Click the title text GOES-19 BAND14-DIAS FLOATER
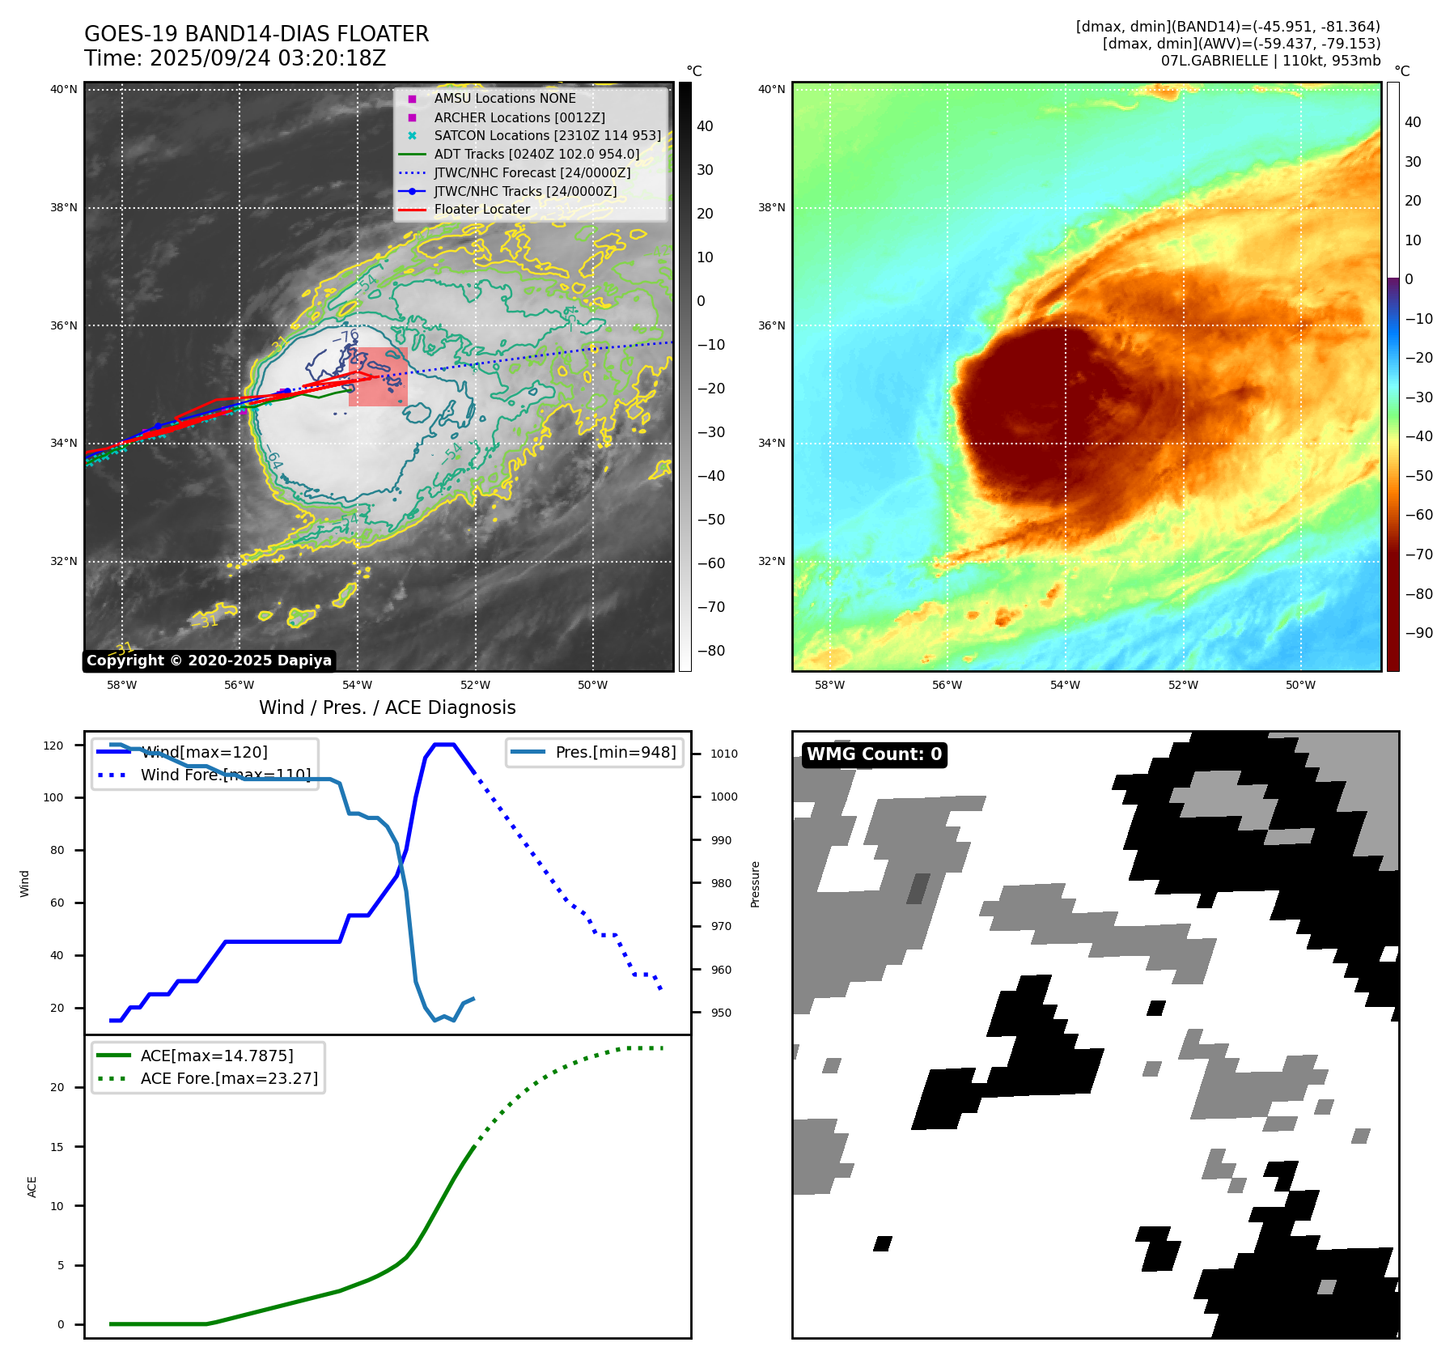click(x=256, y=34)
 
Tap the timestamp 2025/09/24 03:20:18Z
click(x=268, y=58)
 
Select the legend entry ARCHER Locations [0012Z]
click(x=519, y=117)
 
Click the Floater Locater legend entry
click(x=481, y=209)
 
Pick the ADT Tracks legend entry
click(x=536, y=154)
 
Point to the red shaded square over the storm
click(x=378, y=376)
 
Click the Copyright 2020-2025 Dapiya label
click(x=209, y=661)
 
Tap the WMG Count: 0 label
click(x=874, y=754)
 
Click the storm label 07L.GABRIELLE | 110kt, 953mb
click(x=1270, y=61)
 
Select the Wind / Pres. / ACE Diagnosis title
click(x=387, y=707)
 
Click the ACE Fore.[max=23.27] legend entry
click(x=229, y=1078)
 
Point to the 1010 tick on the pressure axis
click(x=723, y=754)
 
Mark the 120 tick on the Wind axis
click(x=53, y=746)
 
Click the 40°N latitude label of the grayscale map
click(x=64, y=89)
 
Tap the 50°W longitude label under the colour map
click(x=1300, y=685)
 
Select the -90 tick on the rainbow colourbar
click(x=1418, y=633)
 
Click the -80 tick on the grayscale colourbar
click(x=710, y=651)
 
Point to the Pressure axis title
click(x=756, y=884)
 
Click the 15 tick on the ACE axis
click(x=57, y=1146)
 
